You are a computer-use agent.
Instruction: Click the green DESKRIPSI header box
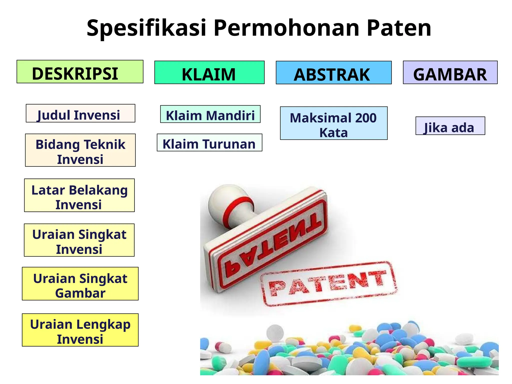point(80,72)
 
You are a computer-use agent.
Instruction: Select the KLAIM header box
point(209,72)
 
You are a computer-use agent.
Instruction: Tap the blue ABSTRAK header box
point(333,73)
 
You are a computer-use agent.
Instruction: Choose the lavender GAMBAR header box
point(450,72)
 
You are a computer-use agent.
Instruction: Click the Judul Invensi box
point(80,113)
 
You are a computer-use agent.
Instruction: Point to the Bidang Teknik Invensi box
point(80,150)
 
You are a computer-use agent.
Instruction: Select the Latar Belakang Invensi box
point(79,195)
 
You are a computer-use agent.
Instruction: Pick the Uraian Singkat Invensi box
point(79,240)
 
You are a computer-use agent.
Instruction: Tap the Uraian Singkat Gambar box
point(80,284)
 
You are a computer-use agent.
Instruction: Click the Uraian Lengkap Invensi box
point(80,330)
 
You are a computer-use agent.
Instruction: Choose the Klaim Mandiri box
point(210,114)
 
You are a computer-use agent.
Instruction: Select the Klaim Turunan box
point(209,143)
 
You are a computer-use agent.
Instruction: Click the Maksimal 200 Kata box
point(333,123)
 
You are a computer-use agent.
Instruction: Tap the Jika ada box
point(450,126)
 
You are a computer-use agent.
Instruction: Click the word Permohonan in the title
point(286,28)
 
